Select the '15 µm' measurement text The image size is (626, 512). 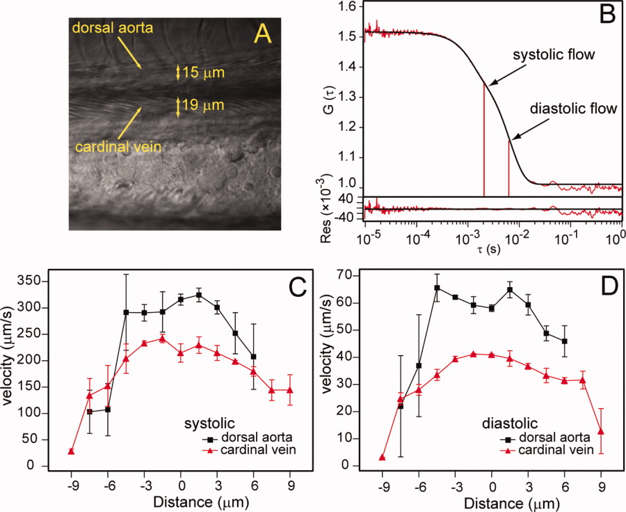[202, 72]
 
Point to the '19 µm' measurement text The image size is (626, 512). [202, 107]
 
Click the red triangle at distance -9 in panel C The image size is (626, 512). [71, 451]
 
